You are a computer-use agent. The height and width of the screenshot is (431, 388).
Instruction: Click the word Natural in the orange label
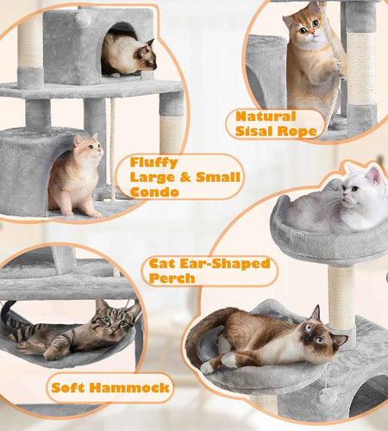266,116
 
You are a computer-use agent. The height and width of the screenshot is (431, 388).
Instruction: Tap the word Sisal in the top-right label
257,132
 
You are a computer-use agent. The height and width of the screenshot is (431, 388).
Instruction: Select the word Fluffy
154,162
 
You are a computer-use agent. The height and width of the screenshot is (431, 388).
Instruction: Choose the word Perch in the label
172,278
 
